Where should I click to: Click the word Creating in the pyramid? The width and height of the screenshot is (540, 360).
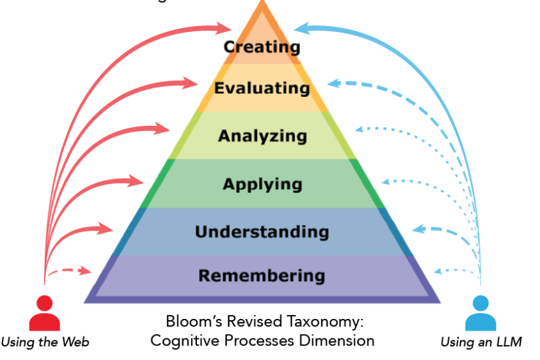pyautogui.click(x=262, y=46)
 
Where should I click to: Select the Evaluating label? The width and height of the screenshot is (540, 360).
pyautogui.click(x=262, y=88)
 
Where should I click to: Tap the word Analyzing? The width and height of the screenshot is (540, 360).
pyautogui.click(x=262, y=136)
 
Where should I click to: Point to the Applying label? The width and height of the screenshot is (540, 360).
pyautogui.click(x=262, y=184)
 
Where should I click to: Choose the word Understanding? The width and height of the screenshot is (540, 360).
pyautogui.click(x=262, y=232)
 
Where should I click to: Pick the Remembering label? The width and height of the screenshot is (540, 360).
pyautogui.click(x=262, y=276)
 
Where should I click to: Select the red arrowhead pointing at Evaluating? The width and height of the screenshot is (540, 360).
pyautogui.click(x=190, y=83)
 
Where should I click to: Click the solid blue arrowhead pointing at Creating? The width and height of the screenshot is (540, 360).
pyautogui.click(x=301, y=28)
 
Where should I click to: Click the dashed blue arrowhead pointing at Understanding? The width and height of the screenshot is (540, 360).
pyautogui.click(x=419, y=230)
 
